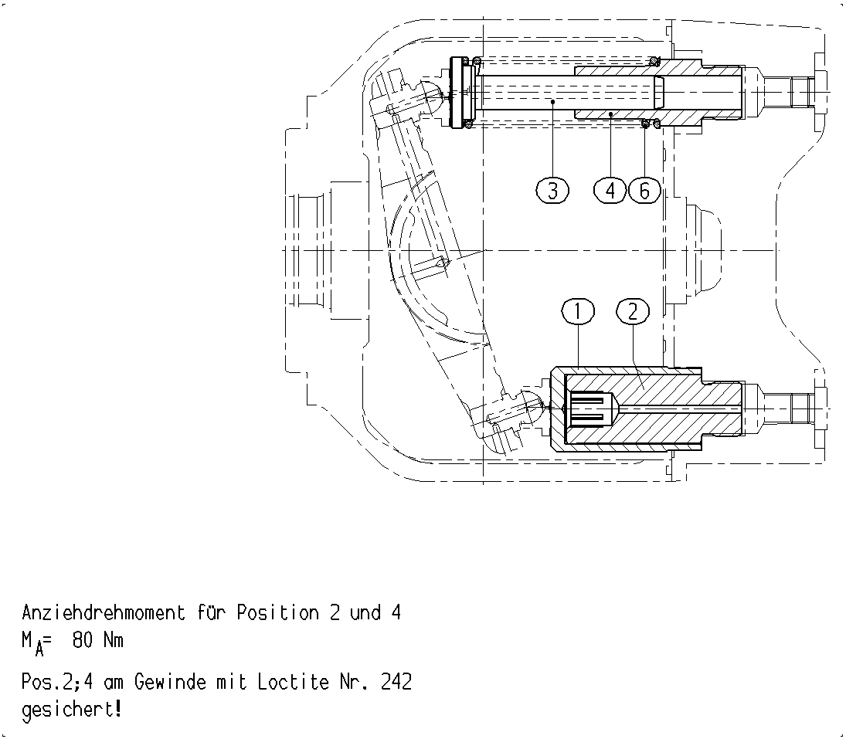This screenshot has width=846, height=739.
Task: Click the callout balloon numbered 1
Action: click(578, 310)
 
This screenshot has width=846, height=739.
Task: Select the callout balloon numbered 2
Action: click(633, 310)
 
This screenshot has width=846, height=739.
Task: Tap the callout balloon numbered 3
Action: click(552, 191)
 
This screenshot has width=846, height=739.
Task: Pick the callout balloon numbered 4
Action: click(610, 191)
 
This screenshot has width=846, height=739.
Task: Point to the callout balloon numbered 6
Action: click(645, 191)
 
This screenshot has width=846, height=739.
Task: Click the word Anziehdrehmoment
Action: click(104, 613)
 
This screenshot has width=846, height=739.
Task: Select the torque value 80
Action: click(82, 640)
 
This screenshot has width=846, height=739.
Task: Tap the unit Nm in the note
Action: click(114, 640)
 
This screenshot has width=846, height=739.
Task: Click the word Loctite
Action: click(293, 683)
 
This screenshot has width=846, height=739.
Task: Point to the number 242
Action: click(396, 683)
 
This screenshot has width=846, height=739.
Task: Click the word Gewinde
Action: click(170, 683)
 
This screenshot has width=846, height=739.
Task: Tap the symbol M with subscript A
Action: click(32, 643)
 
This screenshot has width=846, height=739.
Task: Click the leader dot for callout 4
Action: click(610, 114)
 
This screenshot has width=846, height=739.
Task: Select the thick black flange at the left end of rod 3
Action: click(457, 93)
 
